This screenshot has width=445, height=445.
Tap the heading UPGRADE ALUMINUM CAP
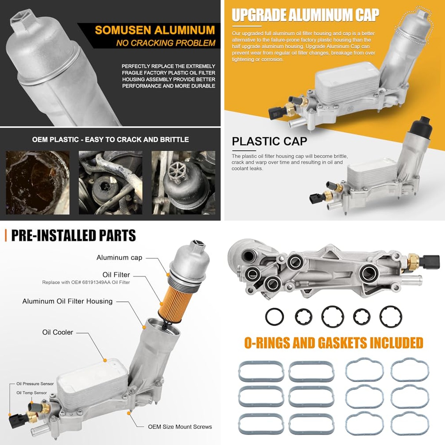pyautogui.click(x=305, y=15)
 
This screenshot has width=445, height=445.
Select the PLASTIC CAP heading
pyautogui.click(x=270, y=141)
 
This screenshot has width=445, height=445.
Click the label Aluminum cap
pyautogui.click(x=119, y=257)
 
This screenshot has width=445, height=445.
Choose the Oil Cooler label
pyautogui.click(x=57, y=332)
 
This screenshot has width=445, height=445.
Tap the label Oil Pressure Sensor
pyautogui.click(x=35, y=383)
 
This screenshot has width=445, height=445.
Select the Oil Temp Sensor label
pyautogui.click(x=32, y=393)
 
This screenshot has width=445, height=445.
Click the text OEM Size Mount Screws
pyautogui.click(x=180, y=426)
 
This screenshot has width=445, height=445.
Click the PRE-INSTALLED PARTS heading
pyautogui.click(x=73, y=235)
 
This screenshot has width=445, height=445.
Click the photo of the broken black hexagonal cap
pyautogui.click(x=183, y=183)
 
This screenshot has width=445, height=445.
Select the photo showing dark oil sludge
pyautogui.click(x=37, y=183)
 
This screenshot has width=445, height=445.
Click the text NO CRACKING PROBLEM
pyautogui.click(x=166, y=43)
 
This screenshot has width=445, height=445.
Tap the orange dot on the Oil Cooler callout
pyautogui.click(x=105, y=360)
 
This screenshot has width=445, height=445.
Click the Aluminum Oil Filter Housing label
pyautogui.click(x=67, y=301)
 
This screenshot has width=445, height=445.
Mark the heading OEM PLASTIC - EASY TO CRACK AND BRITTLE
pyautogui.click(x=111, y=139)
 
